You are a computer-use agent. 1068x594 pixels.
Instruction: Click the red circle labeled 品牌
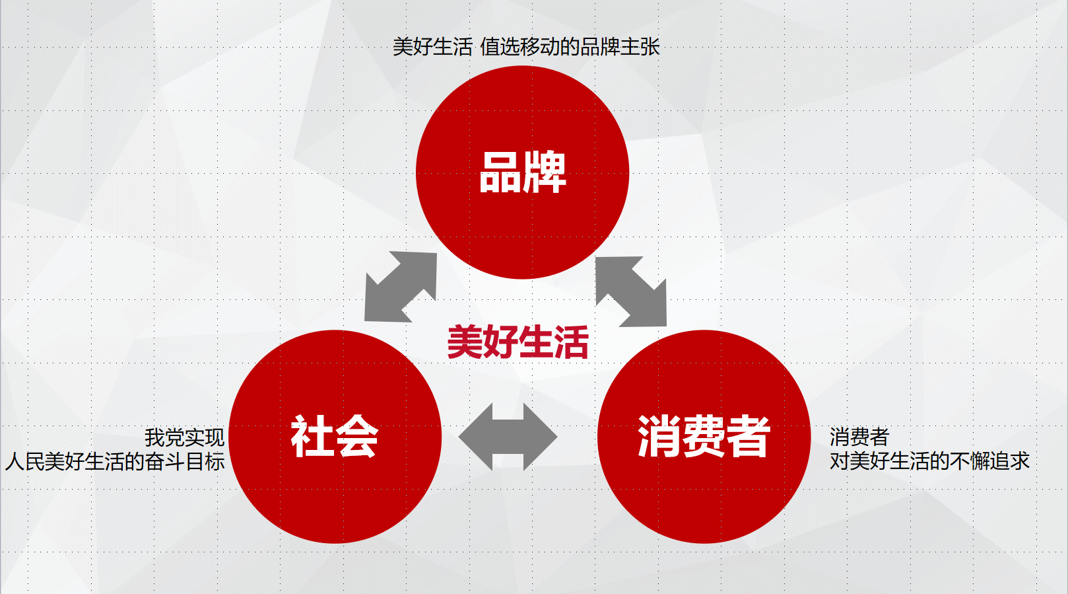click(522, 172)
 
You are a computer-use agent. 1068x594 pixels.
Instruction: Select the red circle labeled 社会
click(335, 437)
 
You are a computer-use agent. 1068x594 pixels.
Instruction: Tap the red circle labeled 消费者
click(704, 437)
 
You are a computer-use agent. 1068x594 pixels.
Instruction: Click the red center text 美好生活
click(517, 342)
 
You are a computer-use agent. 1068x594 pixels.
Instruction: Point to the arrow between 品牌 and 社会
click(401, 287)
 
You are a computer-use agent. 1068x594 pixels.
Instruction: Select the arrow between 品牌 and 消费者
click(631, 291)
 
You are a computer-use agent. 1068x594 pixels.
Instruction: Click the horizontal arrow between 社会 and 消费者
click(508, 437)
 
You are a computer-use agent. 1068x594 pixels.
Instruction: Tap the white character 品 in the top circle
click(500, 172)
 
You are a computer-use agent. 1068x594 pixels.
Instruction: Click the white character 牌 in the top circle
click(545, 172)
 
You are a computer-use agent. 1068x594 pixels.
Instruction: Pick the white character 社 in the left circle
click(312, 436)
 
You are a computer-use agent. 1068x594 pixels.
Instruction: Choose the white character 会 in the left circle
click(356, 436)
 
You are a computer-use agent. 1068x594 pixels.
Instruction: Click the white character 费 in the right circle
click(704, 436)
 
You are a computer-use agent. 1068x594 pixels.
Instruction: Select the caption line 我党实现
click(184, 437)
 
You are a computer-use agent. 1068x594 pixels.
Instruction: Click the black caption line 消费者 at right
click(859, 437)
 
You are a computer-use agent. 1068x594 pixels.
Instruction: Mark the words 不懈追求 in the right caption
click(990, 461)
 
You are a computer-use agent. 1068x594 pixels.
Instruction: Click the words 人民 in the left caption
click(24, 461)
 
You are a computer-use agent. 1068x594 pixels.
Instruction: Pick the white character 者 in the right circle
click(749, 436)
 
